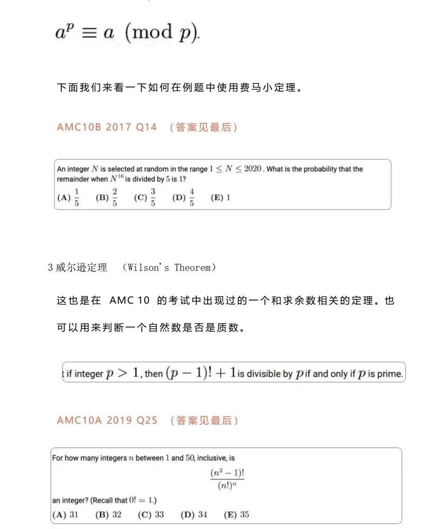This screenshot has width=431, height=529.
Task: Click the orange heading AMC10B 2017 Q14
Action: coord(107,127)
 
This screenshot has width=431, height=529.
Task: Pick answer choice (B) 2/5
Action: coord(107,197)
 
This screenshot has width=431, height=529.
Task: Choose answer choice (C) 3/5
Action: coord(145,197)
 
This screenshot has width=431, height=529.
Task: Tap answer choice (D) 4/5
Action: coord(184,197)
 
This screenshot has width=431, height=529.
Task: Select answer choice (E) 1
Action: coord(220,197)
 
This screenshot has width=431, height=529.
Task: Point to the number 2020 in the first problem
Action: coord(252,169)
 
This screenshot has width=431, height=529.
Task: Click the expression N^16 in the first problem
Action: coord(117,179)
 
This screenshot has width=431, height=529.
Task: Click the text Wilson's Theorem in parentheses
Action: coord(169,268)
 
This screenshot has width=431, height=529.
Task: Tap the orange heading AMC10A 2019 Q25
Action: coord(107,420)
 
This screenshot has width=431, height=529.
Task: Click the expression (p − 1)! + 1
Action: coord(200,373)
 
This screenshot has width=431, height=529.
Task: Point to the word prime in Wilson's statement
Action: coord(390,374)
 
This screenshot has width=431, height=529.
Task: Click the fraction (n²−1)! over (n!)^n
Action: coord(227,479)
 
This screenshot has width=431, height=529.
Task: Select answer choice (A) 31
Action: coord(65,515)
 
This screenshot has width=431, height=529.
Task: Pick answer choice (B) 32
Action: coord(109,515)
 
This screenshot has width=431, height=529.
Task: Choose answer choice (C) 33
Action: coord(151,515)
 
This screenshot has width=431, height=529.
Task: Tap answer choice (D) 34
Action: coord(194,515)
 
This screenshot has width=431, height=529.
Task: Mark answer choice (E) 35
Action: coord(236,515)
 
